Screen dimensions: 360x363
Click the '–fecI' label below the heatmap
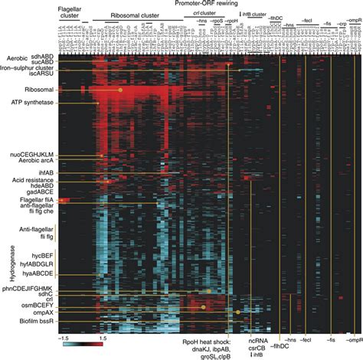(306, 339)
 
